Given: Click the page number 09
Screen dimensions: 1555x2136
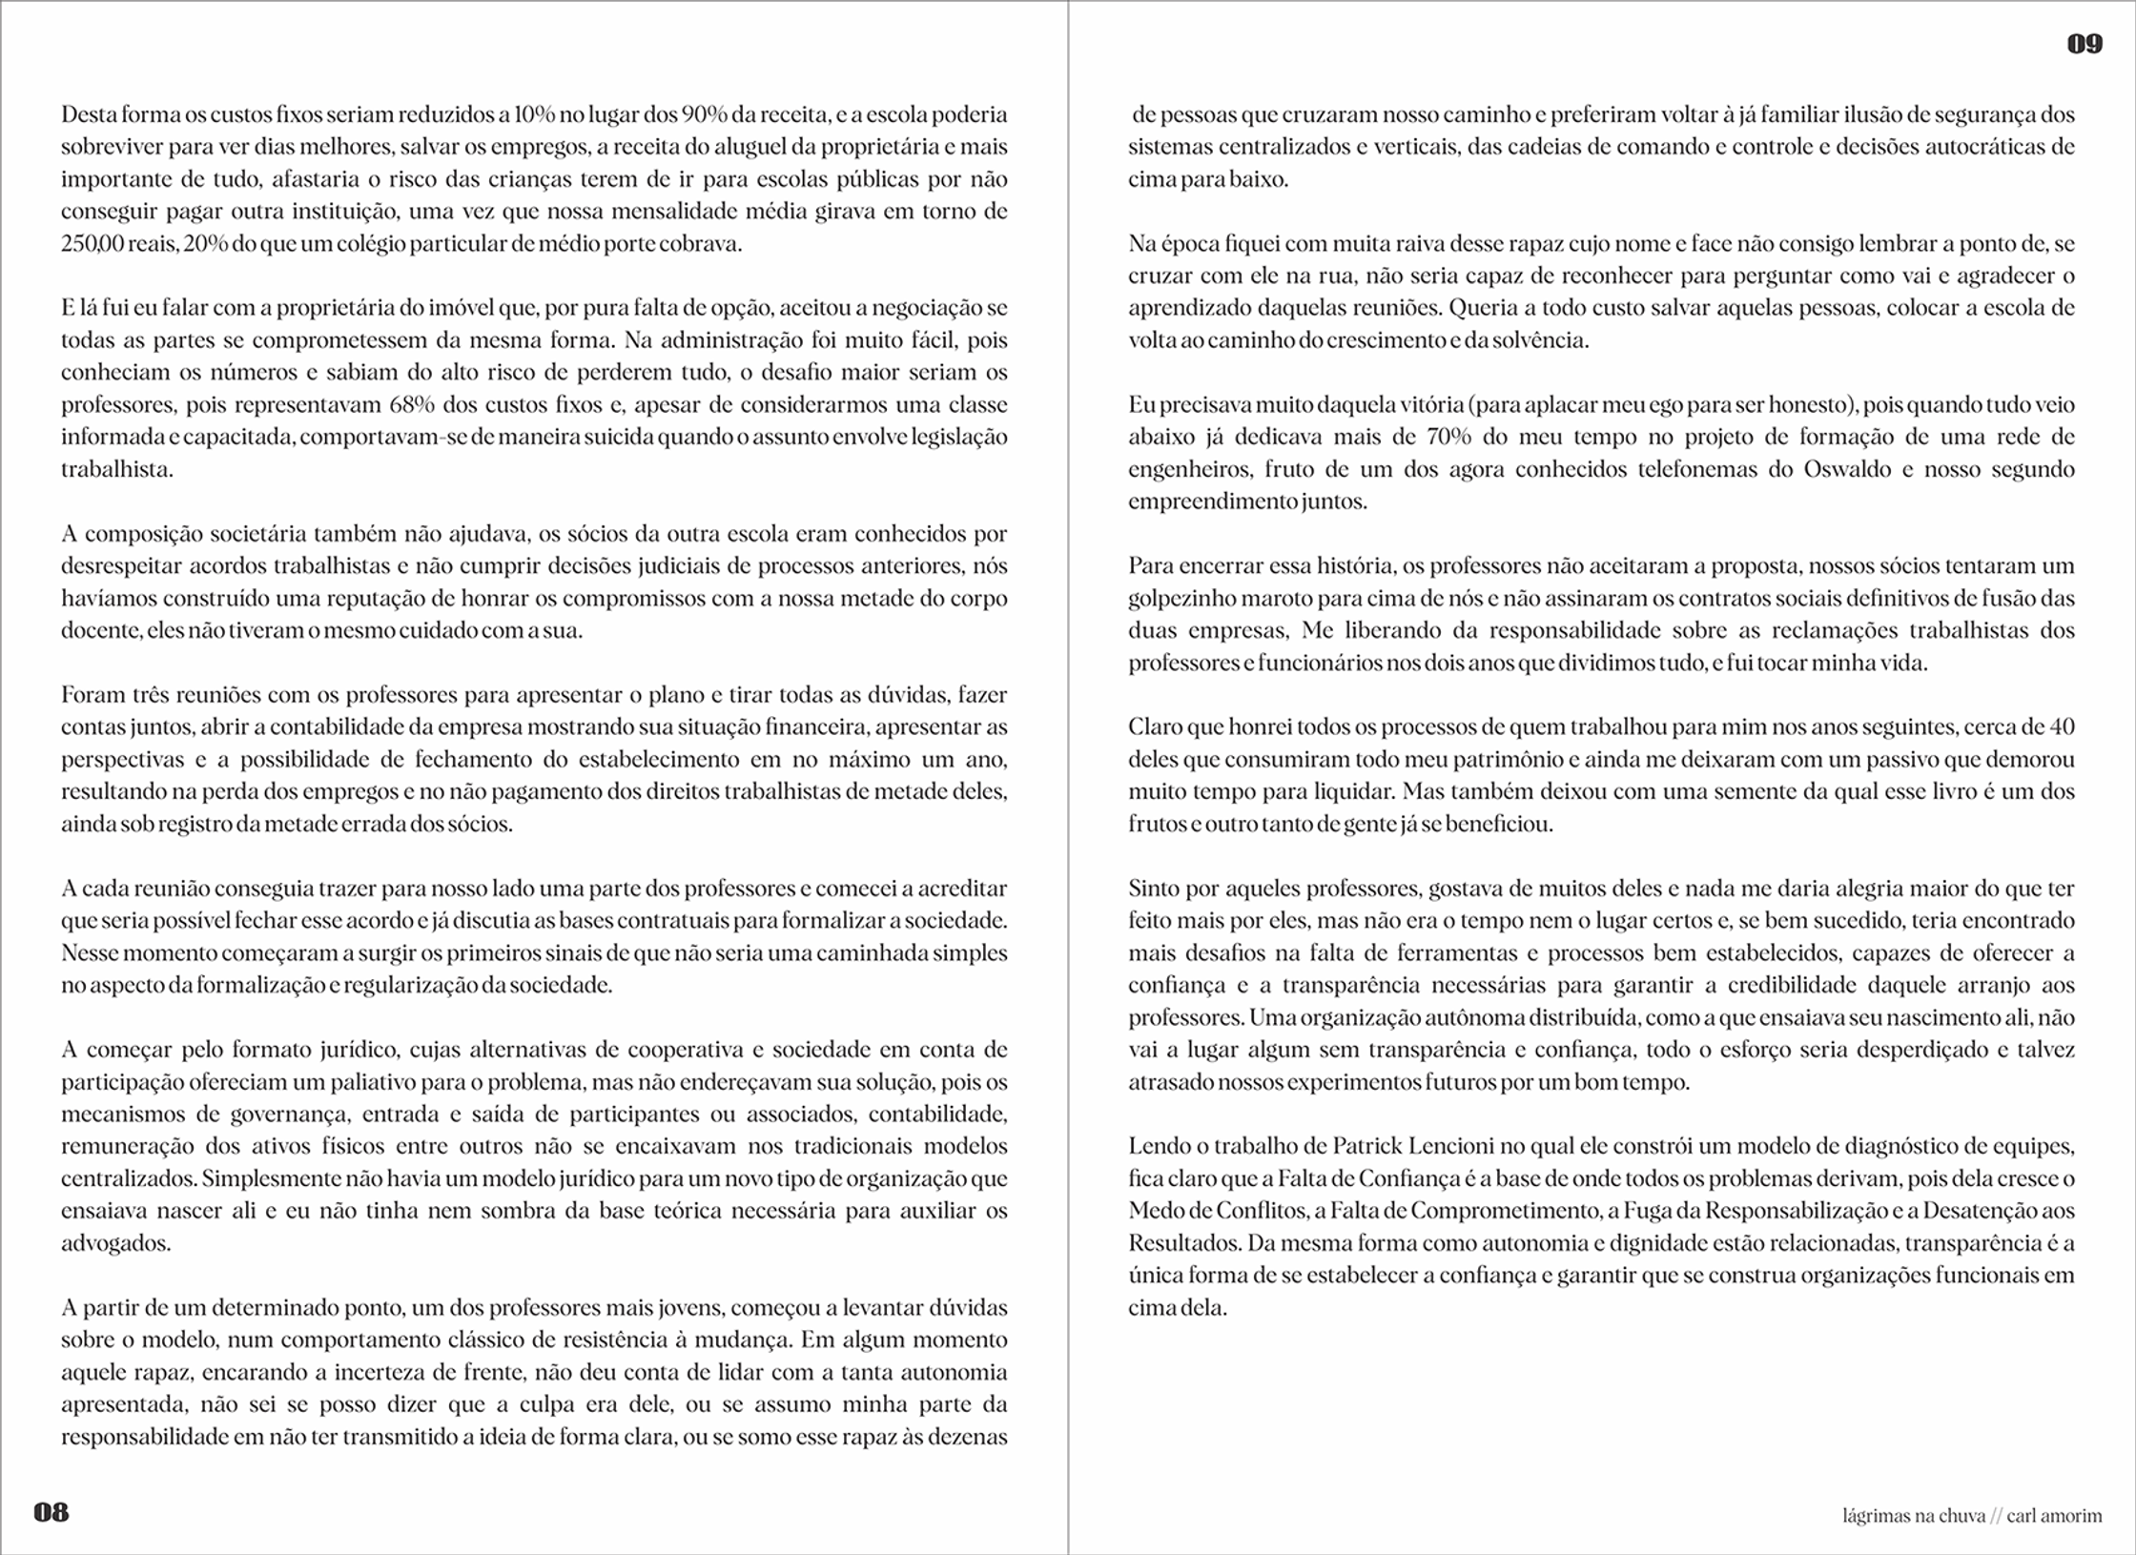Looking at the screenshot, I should click(x=2084, y=44).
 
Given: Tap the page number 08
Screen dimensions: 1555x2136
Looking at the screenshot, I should click(x=51, y=1512).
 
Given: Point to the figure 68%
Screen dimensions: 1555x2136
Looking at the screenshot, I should click(x=412, y=404).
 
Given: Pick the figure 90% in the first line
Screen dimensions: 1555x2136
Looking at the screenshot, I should click(x=704, y=114).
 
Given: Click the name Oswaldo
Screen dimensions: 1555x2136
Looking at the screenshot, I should click(x=1842, y=469).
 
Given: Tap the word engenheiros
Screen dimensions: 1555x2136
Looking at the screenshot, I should click(x=1188, y=469).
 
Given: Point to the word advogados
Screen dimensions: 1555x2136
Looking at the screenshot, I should click(x=114, y=1243).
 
